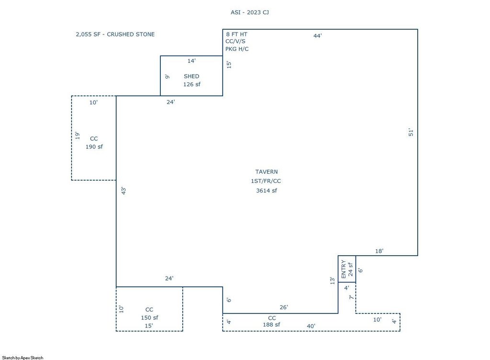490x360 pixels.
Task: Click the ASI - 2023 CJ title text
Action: point(250,12)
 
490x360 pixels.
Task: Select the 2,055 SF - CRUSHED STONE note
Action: point(115,34)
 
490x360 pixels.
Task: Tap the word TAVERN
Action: point(266,172)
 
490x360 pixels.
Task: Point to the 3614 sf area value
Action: point(266,191)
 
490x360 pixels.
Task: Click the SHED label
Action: point(191,76)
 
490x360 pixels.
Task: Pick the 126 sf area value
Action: point(191,84)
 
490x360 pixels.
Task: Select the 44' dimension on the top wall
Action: point(318,36)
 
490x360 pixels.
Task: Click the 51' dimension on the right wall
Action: point(411,133)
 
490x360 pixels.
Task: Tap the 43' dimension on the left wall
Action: point(123,191)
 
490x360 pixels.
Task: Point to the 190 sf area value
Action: point(94,147)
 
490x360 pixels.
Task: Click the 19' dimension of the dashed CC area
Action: point(77,135)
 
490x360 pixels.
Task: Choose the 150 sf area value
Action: point(149,318)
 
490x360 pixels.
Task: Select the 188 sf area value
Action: point(271,325)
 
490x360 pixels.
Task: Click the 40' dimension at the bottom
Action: point(311,326)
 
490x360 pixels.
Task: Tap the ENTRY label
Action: point(344,270)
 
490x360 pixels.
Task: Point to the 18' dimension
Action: point(379,251)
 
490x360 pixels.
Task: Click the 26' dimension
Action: point(283,307)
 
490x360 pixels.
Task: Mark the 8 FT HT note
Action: point(236,34)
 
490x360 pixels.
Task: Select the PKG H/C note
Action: point(237,49)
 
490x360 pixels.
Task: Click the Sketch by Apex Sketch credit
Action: point(22,358)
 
